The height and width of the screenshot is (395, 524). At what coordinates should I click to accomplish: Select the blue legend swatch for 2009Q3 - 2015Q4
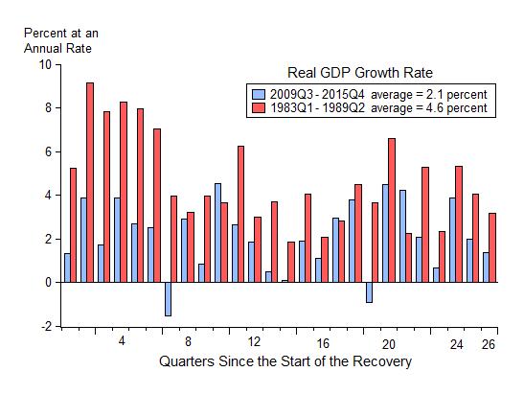[x=257, y=94]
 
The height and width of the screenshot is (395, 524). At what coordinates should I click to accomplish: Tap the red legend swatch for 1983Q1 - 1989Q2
[x=257, y=108]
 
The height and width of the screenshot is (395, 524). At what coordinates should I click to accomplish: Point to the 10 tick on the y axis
[x=44, y=65]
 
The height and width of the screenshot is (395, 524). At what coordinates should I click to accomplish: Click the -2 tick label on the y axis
[x=44, y=326]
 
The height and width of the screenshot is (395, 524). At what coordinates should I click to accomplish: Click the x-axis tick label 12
[x=254, y=342]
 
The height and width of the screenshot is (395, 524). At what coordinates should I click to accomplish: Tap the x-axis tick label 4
[x=122, y=342]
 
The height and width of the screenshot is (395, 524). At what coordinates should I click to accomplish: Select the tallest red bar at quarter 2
[x=90, y=182]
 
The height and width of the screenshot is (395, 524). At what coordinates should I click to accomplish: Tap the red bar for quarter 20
[x=392, y=210]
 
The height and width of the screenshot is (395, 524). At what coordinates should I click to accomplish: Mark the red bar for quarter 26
[x=492, y=247]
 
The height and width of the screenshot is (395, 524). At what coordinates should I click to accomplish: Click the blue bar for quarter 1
[x=66, y=267]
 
